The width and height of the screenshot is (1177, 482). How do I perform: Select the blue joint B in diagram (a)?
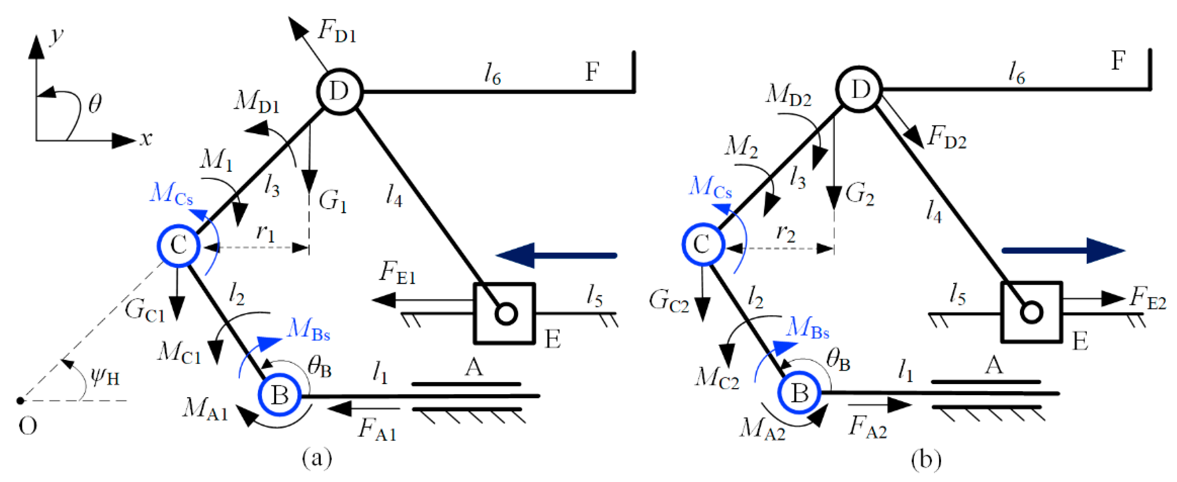tap(279, 395)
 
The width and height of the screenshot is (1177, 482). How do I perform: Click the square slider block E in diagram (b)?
tap(1031, 312)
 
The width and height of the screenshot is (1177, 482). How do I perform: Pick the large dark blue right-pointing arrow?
tap(1063, 250)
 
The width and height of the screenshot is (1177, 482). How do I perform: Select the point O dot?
tap(20, 401)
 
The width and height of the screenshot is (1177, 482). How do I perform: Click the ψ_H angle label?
tap(105, 377)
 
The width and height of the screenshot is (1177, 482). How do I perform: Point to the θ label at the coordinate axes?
tap(95, 104)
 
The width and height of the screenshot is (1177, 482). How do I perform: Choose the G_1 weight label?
tap(333, 201)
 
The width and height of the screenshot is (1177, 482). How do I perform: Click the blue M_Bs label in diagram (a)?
tap(308, 330)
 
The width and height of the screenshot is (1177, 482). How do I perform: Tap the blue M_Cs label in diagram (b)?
tap(710, 187)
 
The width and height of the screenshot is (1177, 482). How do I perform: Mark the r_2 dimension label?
tap(785, 233)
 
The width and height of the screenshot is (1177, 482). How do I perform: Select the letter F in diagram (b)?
tap(1118, 61)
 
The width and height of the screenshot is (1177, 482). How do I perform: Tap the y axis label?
tap(57, 36)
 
